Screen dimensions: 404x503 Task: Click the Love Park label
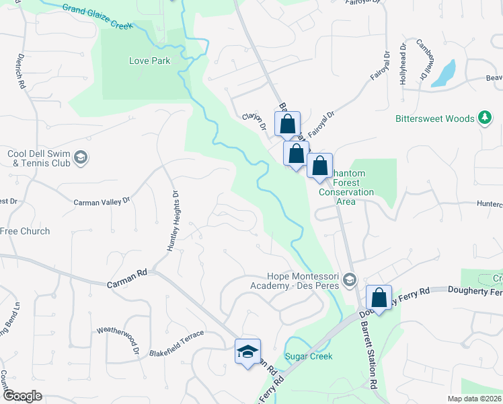[149, 61]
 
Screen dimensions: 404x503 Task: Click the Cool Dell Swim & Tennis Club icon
[81, 158]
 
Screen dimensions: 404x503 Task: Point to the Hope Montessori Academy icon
[349, 279]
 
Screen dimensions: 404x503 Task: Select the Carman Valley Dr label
[101, 201]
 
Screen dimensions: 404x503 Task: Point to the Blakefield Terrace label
[176, 352]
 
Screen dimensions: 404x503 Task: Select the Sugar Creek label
[309, 356]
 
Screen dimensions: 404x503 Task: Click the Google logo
[22, 396]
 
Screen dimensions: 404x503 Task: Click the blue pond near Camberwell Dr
[443, 73]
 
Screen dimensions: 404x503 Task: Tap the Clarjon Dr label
[254, 121]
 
